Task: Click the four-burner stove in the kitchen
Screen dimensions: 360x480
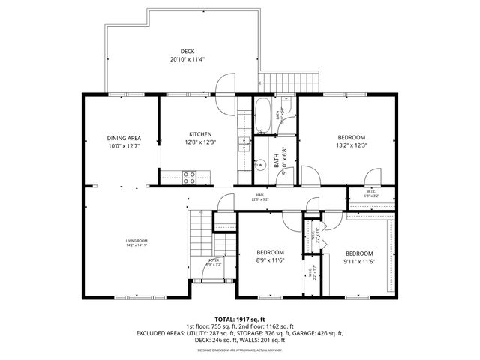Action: click(189, 178)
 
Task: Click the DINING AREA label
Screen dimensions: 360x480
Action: click(124, 138)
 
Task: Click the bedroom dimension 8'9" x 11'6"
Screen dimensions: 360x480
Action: click(270, 259)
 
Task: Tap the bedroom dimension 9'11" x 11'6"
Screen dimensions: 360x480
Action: click(359, 261)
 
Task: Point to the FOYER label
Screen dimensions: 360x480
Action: click(214, 260)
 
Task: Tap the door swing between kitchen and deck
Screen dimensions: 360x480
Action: click(225, 83)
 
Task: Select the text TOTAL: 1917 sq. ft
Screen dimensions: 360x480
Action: click(240, 319)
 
